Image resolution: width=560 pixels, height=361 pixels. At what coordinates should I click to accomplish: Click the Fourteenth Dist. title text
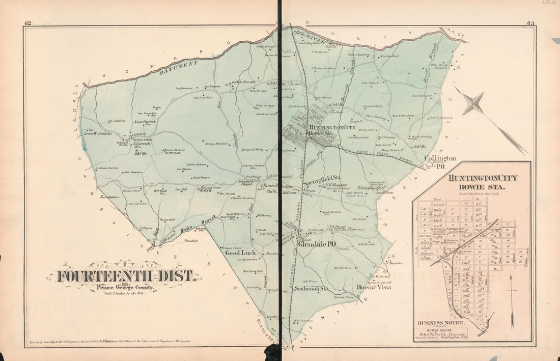click(x=125, y=276)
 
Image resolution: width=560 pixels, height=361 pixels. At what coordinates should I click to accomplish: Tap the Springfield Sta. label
click(x=322, y=179)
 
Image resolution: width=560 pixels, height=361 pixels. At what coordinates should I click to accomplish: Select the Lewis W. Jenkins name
click(x=97, y=133)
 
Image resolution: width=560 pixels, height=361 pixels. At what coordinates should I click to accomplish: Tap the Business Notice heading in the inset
click(x=441, y=323)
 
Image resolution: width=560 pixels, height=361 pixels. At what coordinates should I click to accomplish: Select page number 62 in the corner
click(x=27, y=23)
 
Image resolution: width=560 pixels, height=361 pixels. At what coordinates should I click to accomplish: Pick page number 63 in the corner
click(x=530, y=23)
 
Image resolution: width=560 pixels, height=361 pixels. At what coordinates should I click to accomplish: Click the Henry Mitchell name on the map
click(x=216, y=144)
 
